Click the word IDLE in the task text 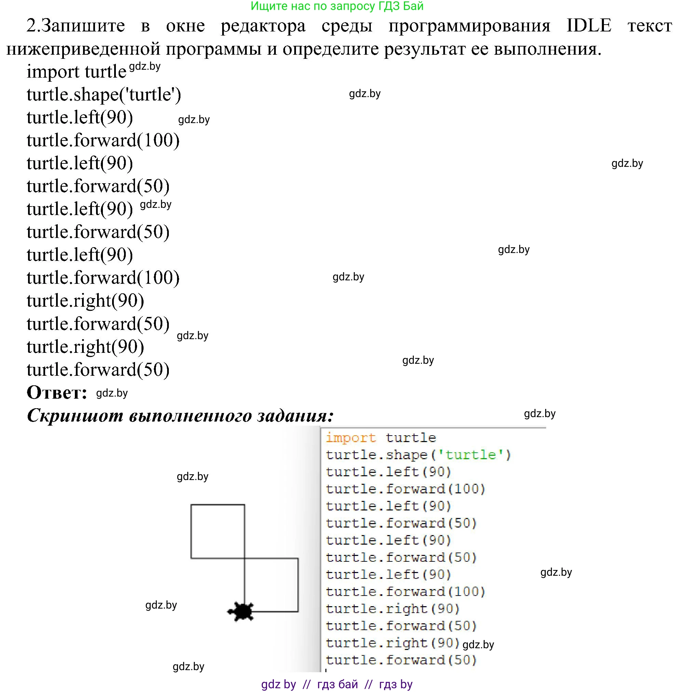click(589, 26)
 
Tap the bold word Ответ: click(57, 392)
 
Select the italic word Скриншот click(75, 416)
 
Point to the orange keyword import click(350, 438)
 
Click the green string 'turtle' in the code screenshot click(470, 455)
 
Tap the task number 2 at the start click(31, 26)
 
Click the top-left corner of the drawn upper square click(191, 505)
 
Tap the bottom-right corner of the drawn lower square click(298, 612)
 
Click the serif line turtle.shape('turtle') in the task click(104, 95)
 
